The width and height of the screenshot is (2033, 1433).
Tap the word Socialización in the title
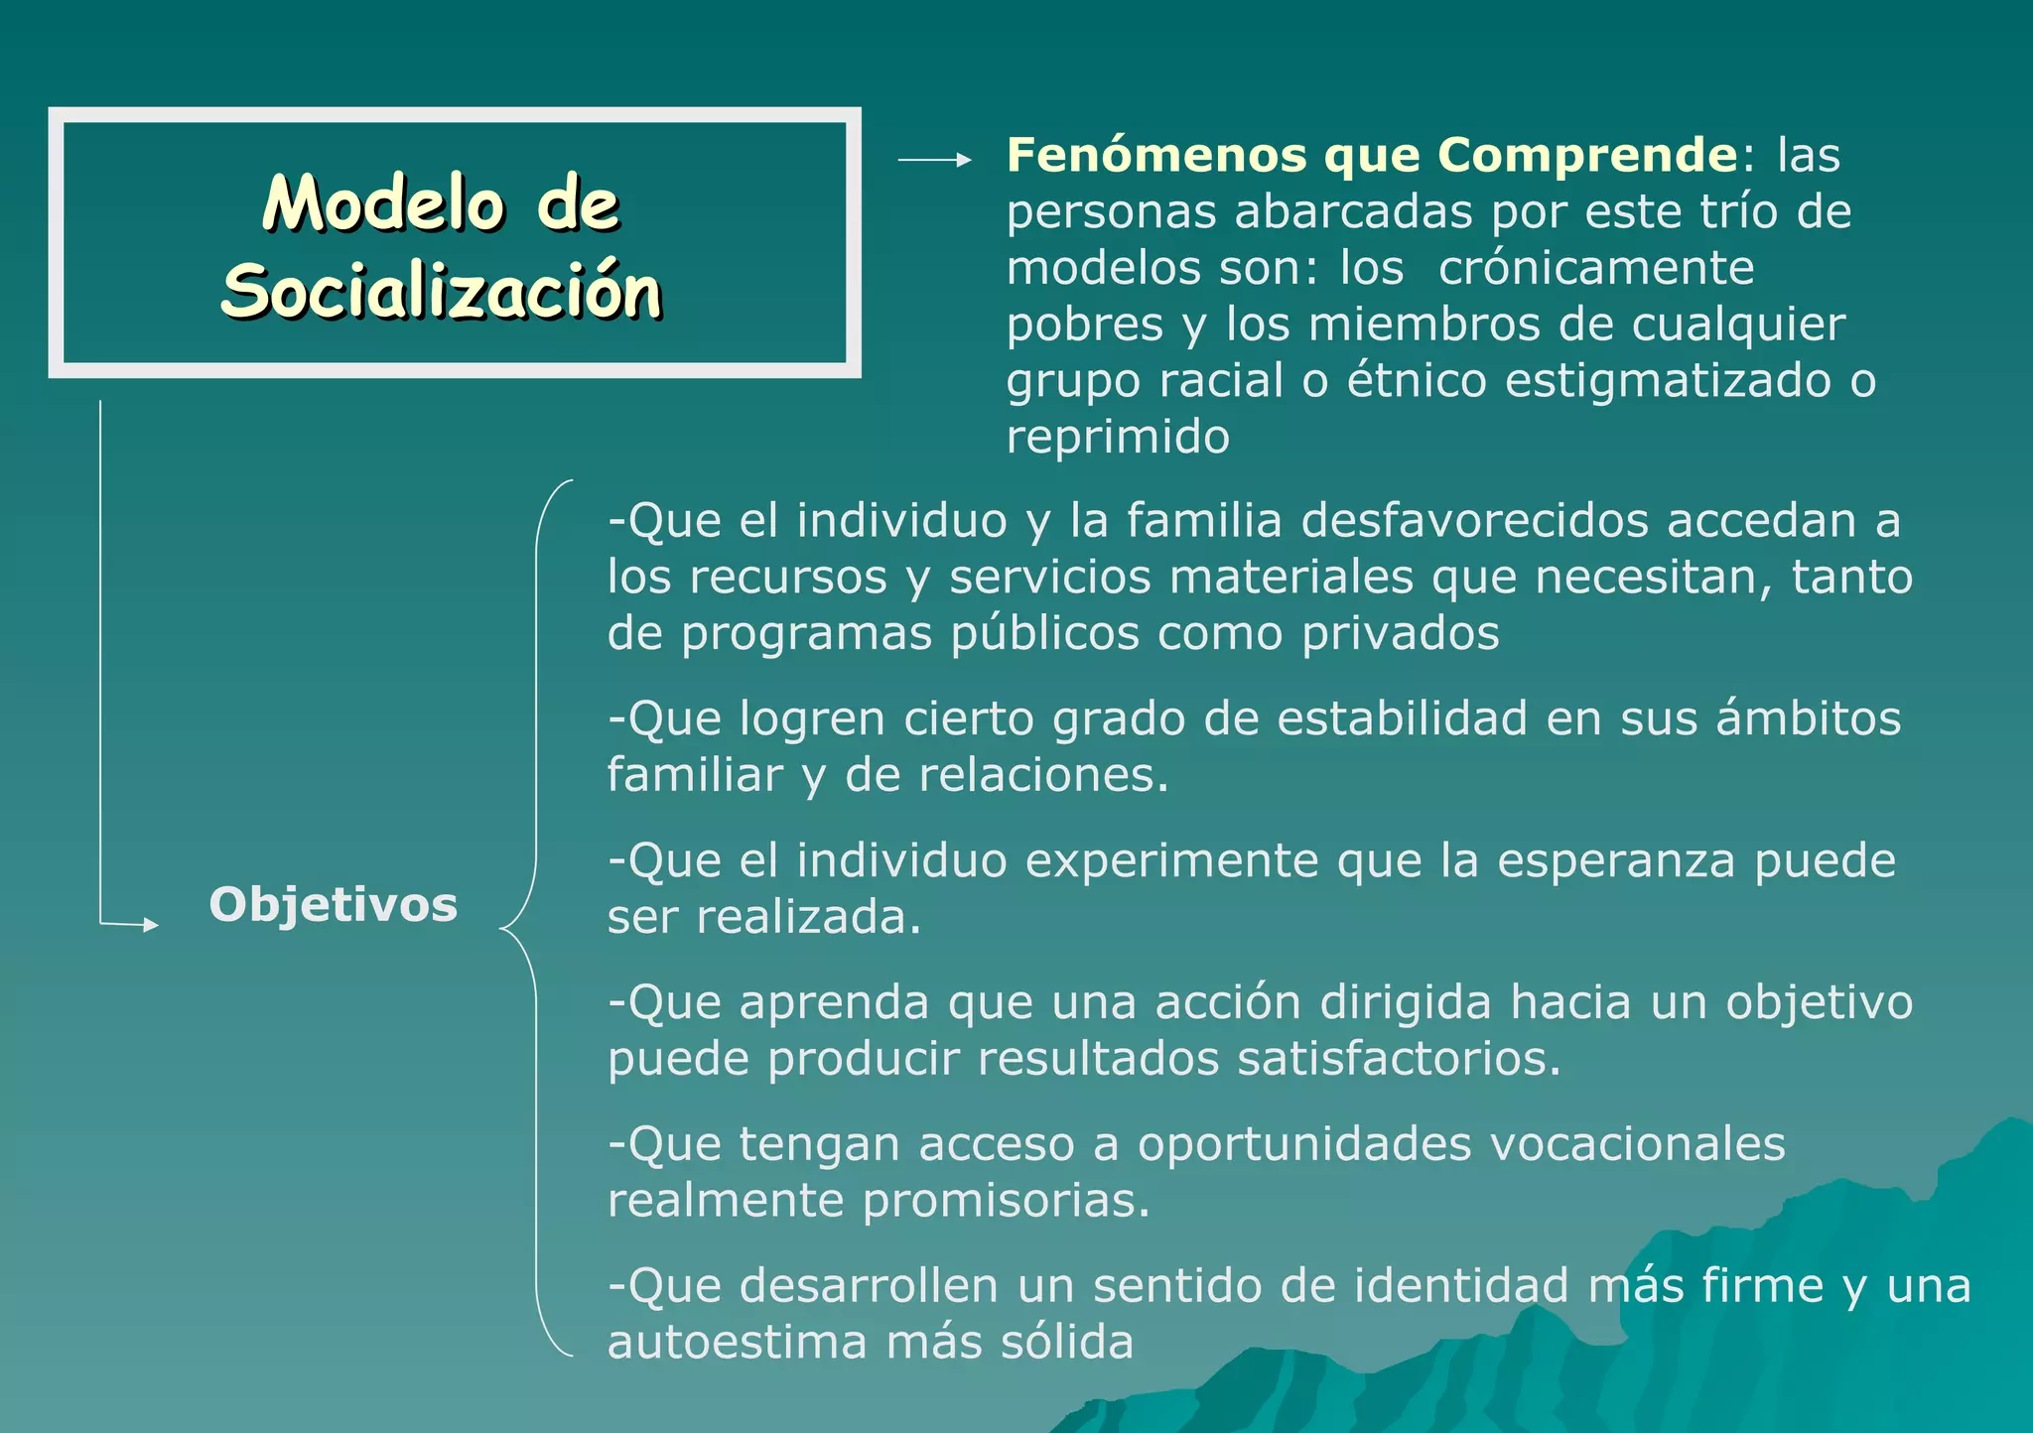pos(441,292)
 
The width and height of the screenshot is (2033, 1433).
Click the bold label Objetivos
pos(334,904)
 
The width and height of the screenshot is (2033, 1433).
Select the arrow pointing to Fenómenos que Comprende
pos(934,160)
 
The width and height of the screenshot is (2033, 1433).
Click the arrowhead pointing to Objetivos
pos(149,925)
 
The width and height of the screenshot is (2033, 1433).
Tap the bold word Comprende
pos(1587,156)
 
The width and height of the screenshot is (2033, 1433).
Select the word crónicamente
pos(1596,268)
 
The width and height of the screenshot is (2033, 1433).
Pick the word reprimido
pos(1118,438)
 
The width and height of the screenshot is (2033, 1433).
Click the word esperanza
pos(1616,860)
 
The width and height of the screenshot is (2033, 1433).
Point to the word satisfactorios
pos(1399,1059)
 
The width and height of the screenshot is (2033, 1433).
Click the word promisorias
pos(1006,1202)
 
